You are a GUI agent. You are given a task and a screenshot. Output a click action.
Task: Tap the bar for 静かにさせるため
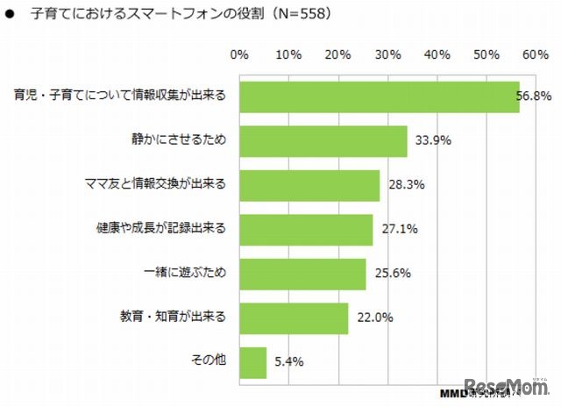[x=323, y=141]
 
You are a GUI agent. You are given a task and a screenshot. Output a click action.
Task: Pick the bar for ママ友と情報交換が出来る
[x=309, y=186]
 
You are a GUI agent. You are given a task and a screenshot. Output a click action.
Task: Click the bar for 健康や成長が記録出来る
[x=306, y=230]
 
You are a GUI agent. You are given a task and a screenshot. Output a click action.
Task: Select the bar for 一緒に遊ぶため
[x=302, y=274]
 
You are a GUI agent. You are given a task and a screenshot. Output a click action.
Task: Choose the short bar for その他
[x=252, y=362]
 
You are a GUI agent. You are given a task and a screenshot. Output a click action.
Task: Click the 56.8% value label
[x=531, y=97]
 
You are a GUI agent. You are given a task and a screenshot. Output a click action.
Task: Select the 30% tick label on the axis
[x=387, y=55]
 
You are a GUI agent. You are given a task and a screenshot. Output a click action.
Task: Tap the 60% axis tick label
[x=535, y=55]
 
